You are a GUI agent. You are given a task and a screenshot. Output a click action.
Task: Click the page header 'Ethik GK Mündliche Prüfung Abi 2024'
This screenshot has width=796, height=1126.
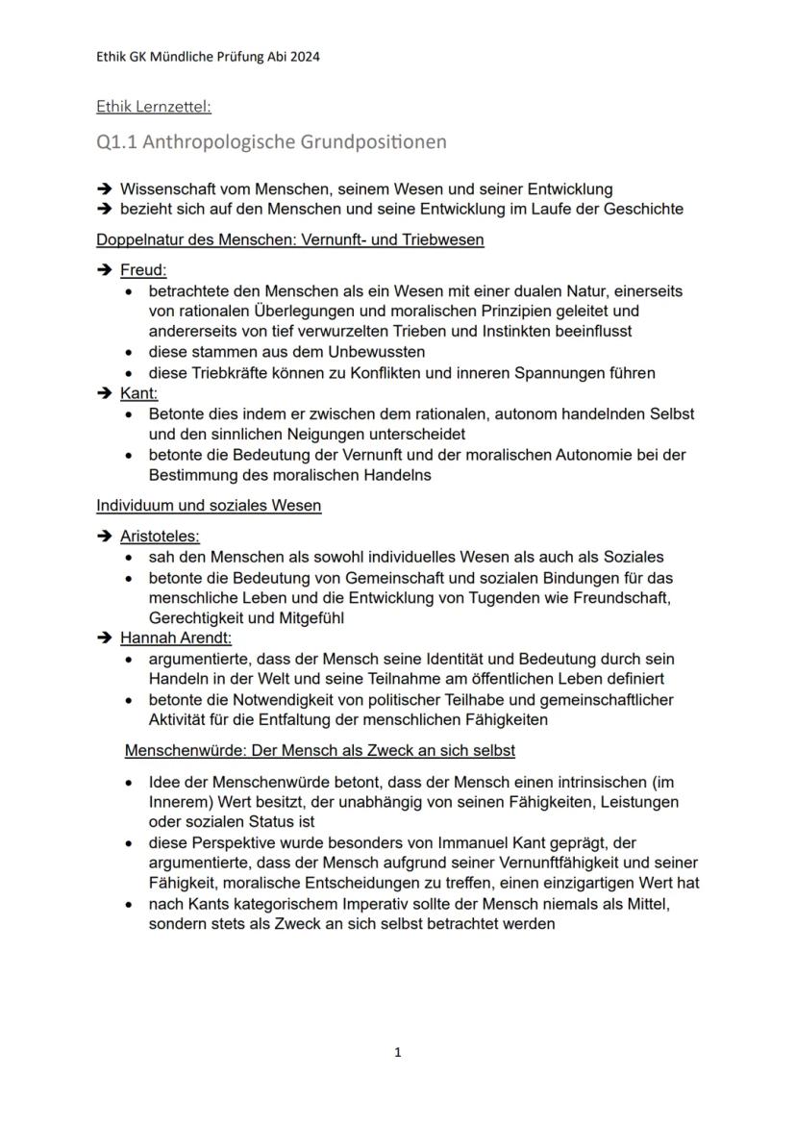[x=208, y=56]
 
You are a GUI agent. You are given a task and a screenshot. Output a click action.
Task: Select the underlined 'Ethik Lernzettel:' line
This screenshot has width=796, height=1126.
[x=154, y=107]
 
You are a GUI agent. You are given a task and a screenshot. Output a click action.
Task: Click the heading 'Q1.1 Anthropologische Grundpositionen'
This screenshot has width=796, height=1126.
[x=272, y=142]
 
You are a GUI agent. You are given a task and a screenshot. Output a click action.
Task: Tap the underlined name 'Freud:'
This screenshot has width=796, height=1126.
[x=143, y=271]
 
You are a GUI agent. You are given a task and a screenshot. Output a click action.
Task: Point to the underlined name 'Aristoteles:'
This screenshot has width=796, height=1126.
[x=160, y=537]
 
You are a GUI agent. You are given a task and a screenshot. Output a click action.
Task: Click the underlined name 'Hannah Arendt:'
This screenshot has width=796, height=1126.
[x=176, y=637]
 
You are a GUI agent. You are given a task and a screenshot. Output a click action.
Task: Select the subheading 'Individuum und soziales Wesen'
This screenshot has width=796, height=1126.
[x=209, y=506]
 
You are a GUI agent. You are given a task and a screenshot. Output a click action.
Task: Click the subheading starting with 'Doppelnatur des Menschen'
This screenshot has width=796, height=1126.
[x=290, y=239]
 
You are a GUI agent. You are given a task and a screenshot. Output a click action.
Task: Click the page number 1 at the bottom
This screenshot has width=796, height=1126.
[x=398, y=1053]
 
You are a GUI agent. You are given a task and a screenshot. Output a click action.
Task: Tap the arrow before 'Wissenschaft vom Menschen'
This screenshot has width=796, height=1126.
[x=105, y=189]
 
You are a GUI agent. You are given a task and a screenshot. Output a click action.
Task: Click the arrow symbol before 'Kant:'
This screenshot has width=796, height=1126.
[x=105, y=394]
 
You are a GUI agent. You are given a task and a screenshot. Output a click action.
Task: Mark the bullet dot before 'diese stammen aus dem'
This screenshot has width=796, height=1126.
[x=129, y=352]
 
